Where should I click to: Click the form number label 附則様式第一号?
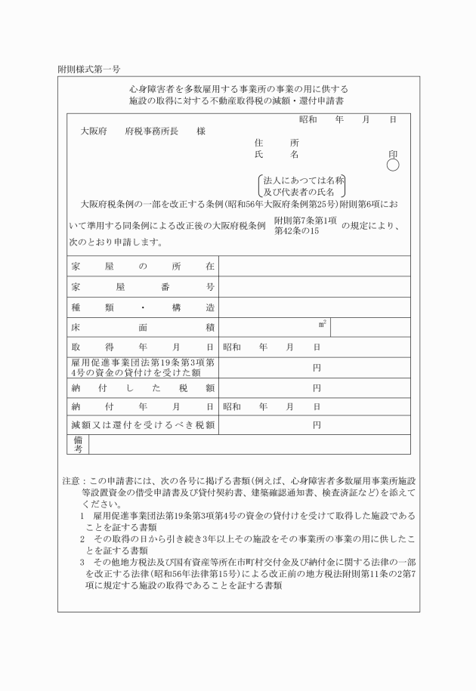point(88,69)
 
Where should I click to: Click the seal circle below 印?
point(393,165)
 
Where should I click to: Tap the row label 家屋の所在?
point(144,267)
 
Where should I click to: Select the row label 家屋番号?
point(144,287)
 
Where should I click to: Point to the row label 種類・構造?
point(144,307)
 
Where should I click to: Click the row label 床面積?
point(144,328)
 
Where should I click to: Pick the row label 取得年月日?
point(144,347)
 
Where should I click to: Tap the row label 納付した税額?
point(144,388)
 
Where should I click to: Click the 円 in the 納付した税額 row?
point(317,388)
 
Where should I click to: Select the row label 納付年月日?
point(144,407)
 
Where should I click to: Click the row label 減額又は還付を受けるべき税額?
point(144,426)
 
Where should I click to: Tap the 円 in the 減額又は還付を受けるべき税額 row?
point(317,426)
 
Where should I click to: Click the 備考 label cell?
point(78,444)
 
